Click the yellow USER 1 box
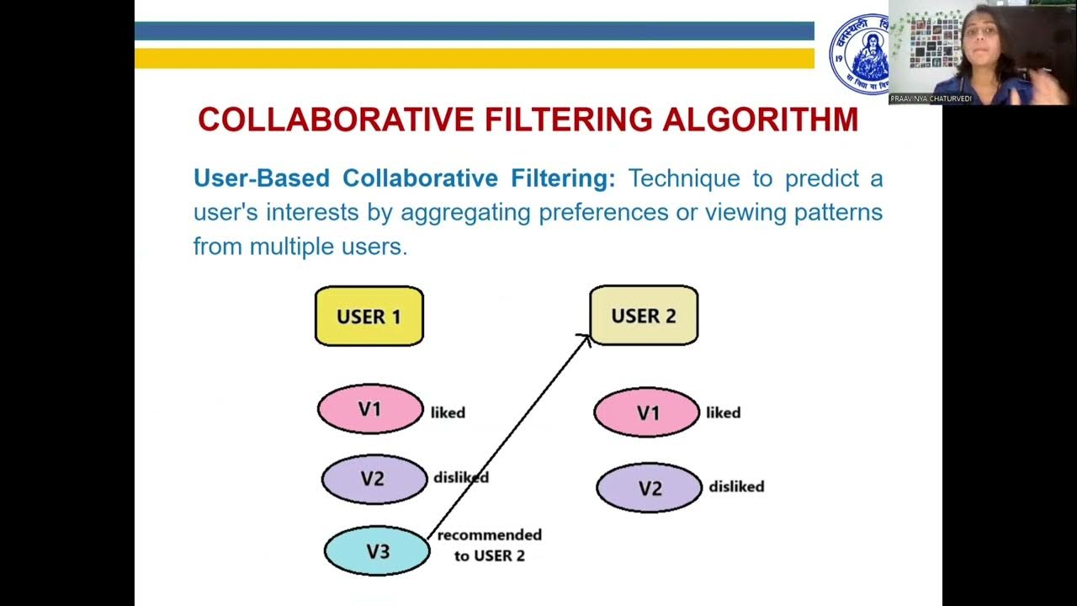tap(369, 316)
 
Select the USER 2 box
tap(644, 316)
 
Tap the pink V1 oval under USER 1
tap(370, 409)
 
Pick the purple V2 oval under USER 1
tap(374, 479)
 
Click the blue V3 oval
tap(377, 551)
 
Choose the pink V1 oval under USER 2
tap(646, 413)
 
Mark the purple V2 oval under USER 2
tap(649, 488)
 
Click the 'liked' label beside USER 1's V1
tap(448, 412)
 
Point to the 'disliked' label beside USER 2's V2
tap(736, 486)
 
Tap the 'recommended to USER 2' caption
tap(489, 545)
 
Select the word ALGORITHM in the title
tap(760, 120)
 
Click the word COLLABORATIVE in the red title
tap(337, 120)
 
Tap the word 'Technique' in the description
tap(684, 178)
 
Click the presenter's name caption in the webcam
tap(931, 98)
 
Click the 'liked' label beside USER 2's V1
tap(723, 412)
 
